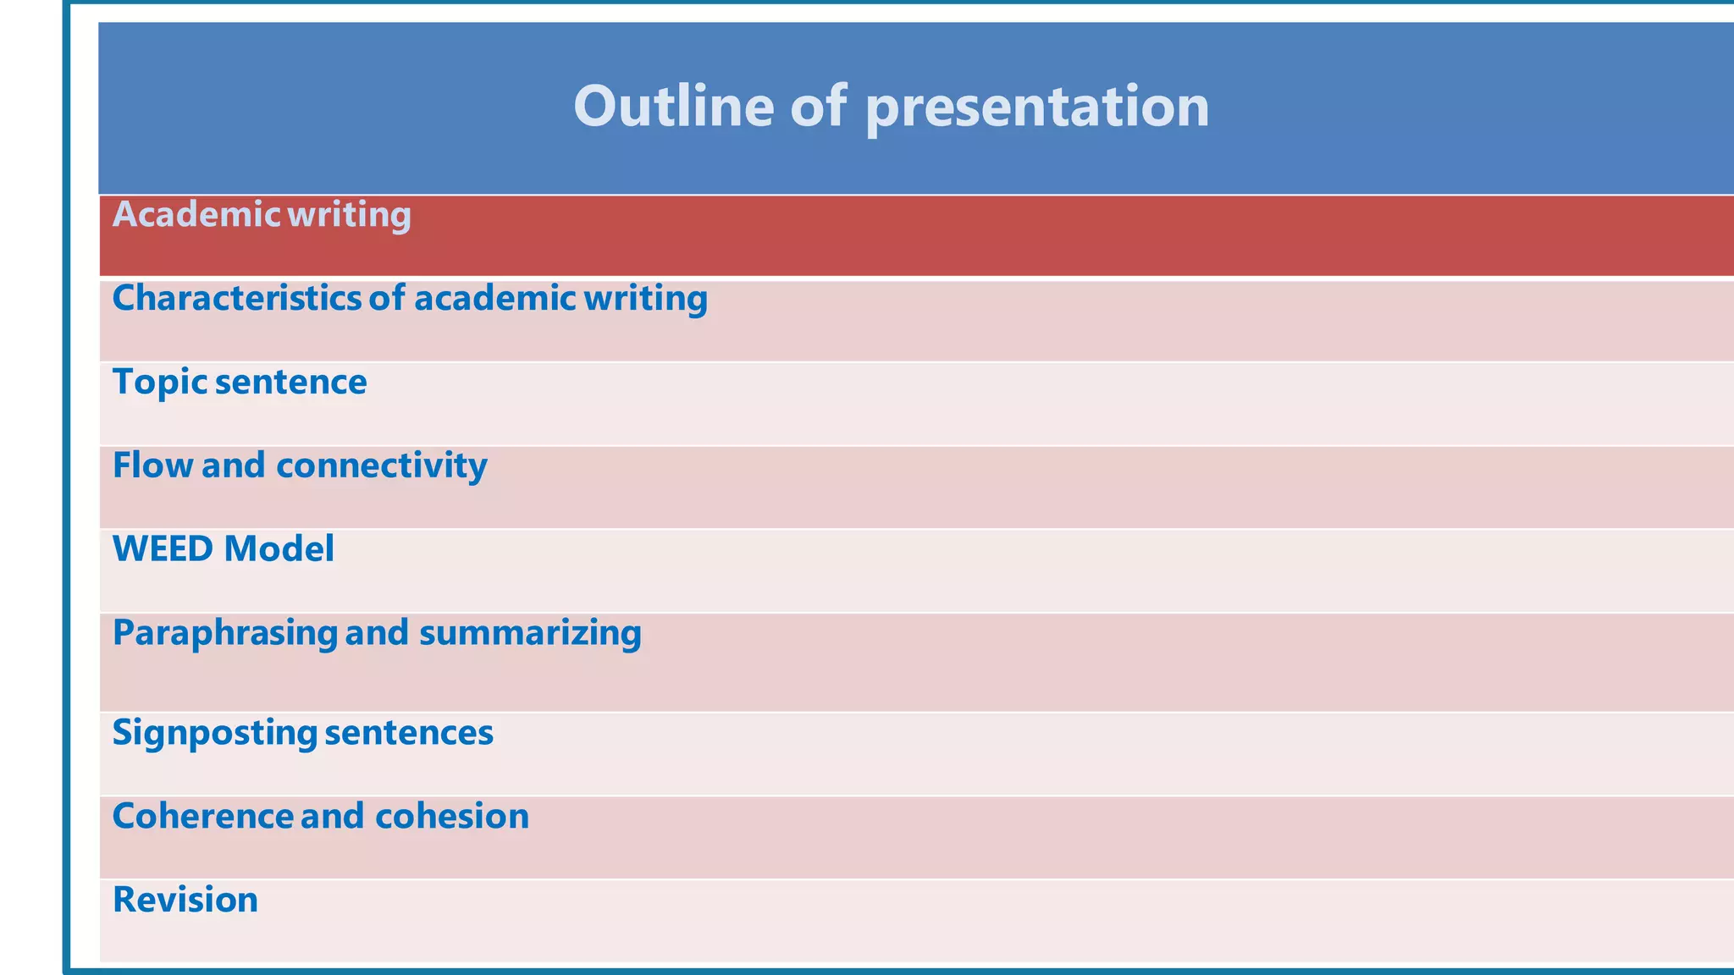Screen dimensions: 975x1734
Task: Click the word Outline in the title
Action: click(673, 106)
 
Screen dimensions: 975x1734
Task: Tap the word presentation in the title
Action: click(1037, 107)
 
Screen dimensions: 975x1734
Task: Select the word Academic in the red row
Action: click(196, 215)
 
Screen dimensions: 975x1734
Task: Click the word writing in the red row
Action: click(349, 215)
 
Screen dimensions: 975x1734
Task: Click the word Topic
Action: click(159, 383)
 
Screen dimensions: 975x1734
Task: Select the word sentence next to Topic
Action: click(291, 383)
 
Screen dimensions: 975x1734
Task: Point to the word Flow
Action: click(152, 465)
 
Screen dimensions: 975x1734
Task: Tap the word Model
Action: click(279, 549)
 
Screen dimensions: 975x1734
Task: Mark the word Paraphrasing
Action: click(224, 633)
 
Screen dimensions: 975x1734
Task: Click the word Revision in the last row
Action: click(185, 900)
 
